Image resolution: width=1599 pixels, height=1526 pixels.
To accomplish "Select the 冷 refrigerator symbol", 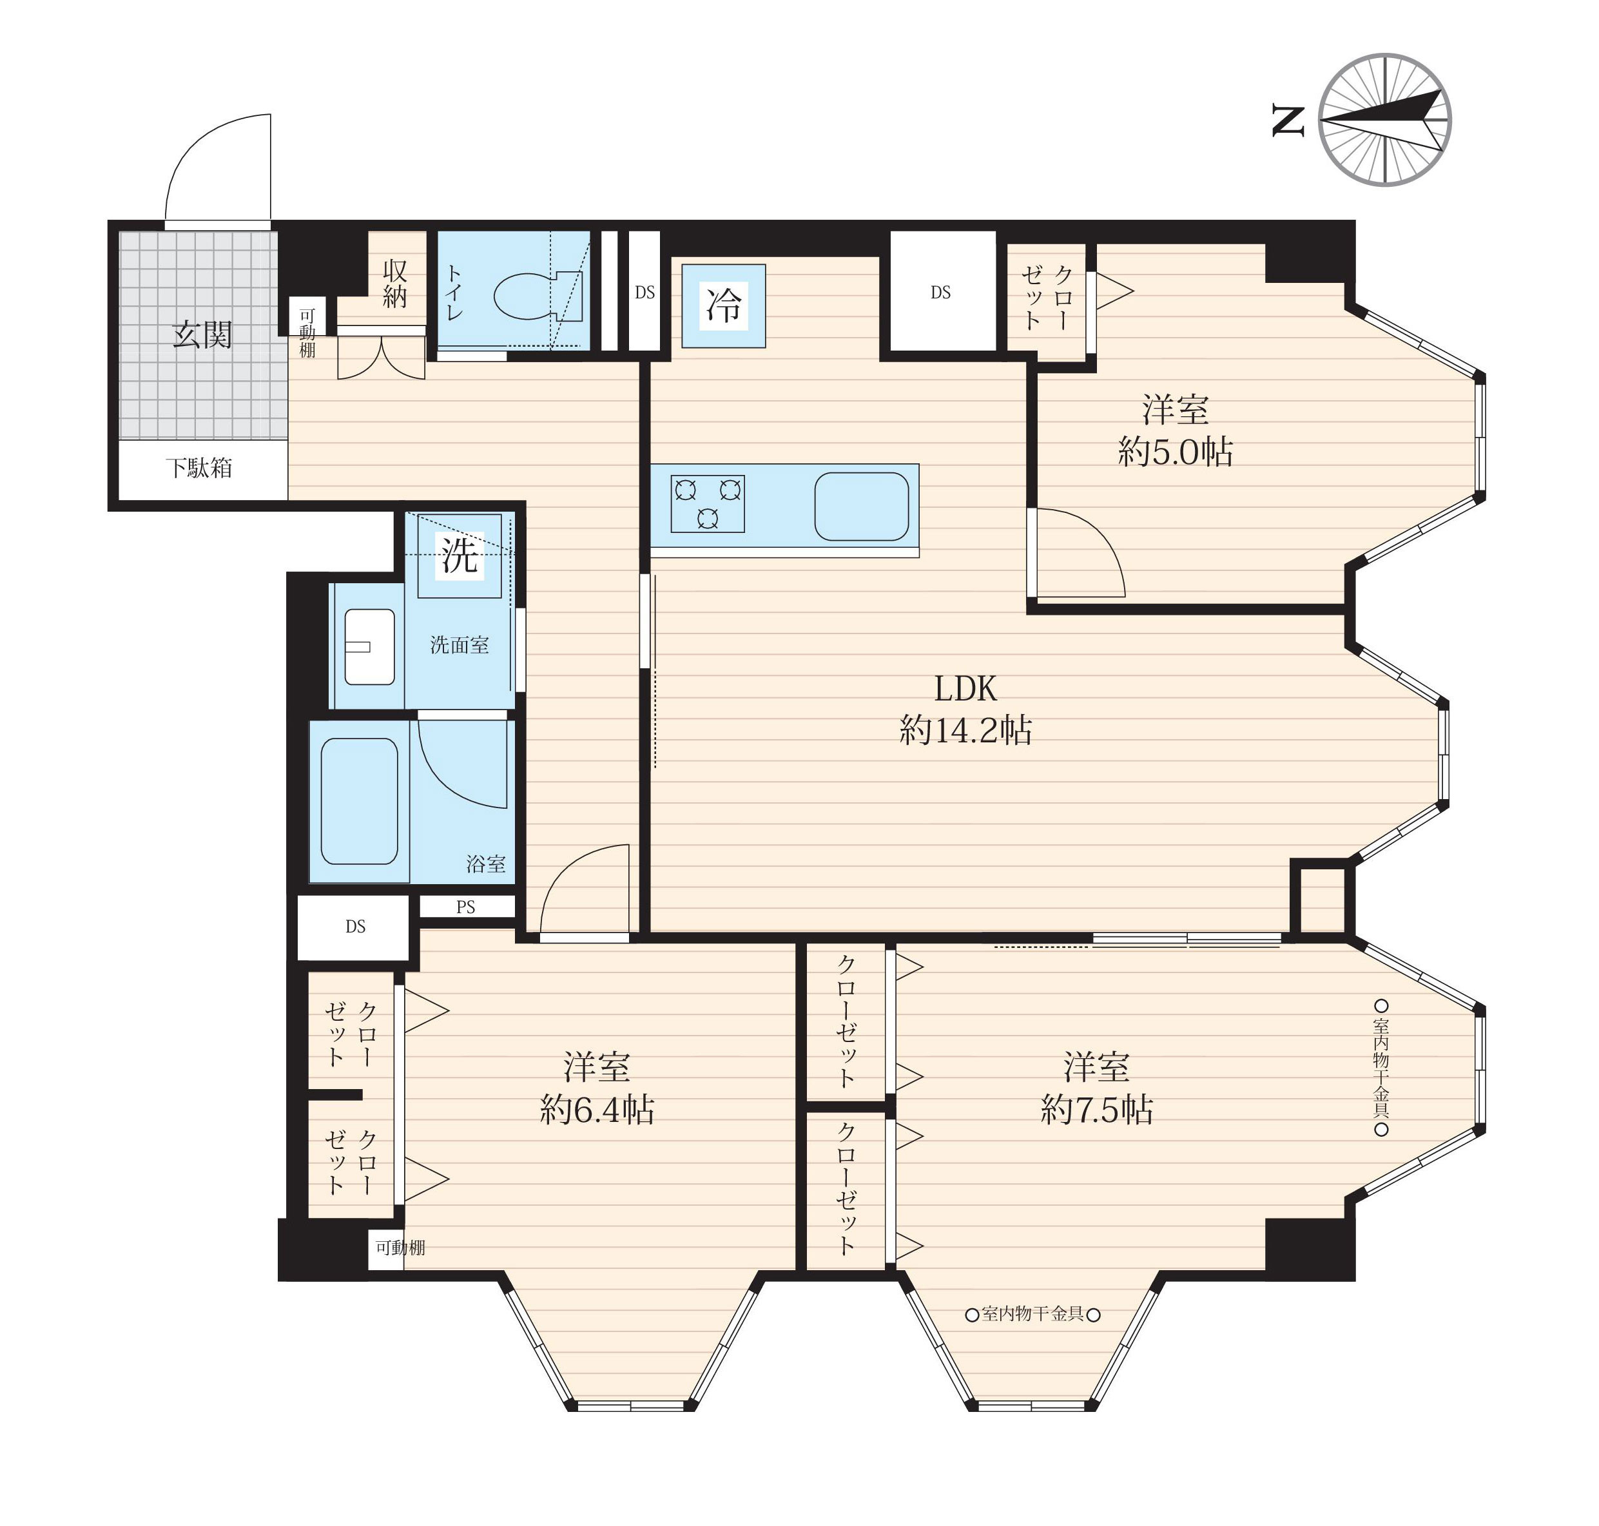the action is (x=723, y=306).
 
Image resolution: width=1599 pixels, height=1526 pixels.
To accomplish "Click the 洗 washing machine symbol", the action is (x=460, y=555).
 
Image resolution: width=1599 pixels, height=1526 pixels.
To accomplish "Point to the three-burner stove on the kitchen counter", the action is (x=708, y=503).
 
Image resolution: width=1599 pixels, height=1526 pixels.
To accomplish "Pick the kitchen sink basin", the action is (x=861, y=506).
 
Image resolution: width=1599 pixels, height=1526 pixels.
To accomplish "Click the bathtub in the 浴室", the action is (x=360, y=801).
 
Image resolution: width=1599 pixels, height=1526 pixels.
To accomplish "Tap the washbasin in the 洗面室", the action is (x=369, y=646).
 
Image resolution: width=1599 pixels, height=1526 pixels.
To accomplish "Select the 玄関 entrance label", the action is (x=202, y=334).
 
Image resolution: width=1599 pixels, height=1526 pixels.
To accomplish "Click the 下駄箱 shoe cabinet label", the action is (x=199, y=468).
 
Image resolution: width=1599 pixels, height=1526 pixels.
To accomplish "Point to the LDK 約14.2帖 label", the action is (x=965, y=710).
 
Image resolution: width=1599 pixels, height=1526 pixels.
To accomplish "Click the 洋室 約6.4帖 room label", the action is (x=597, y=1088).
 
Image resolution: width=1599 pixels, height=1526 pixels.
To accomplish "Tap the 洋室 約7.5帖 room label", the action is (x=1096, y=1088).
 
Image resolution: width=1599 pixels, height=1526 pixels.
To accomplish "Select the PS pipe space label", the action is (x=466, y=907).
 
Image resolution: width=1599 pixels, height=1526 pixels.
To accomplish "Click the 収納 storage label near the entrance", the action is (x=394, y=283).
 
